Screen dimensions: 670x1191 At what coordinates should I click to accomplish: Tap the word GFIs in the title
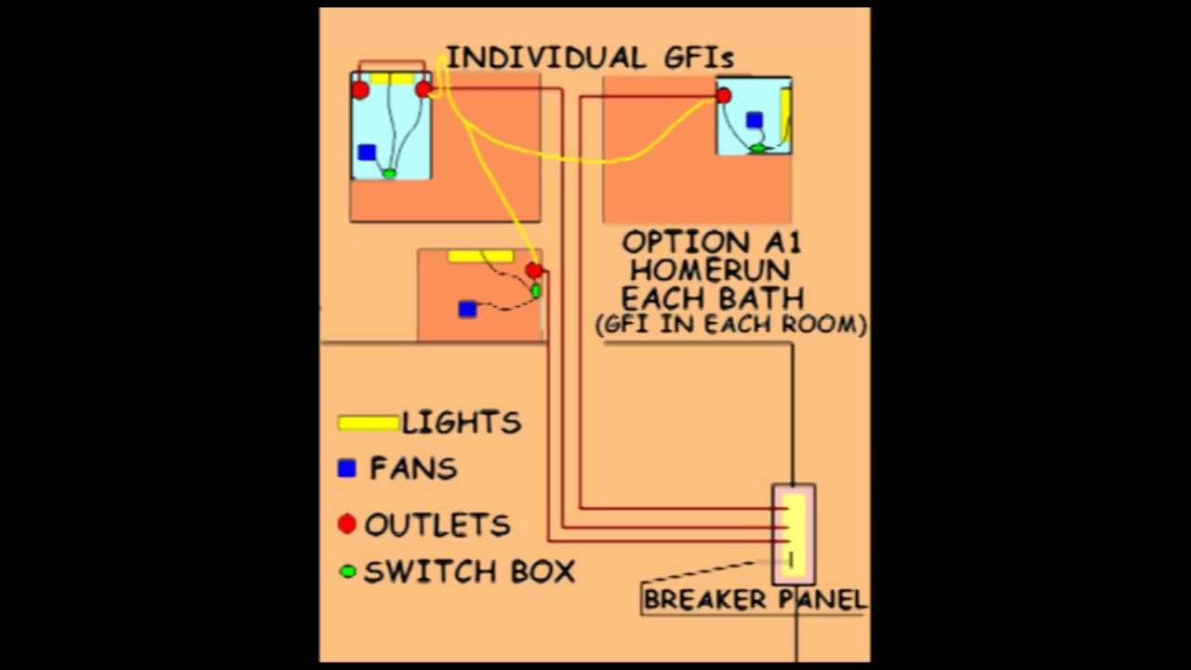699,58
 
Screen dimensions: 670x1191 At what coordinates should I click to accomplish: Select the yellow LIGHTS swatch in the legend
368,423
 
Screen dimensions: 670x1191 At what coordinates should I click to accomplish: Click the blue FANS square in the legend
347,468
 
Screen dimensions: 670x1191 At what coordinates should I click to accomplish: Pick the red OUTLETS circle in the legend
347,524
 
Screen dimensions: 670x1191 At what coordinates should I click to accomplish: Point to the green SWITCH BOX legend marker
348,571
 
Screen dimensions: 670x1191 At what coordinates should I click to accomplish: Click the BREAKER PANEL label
754,599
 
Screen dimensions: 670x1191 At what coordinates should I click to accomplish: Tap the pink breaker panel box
794,533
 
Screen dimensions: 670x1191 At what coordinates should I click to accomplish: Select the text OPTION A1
711,243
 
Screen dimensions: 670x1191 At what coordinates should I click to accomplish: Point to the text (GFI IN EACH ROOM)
731,325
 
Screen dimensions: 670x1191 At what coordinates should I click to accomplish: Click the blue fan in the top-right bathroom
754,120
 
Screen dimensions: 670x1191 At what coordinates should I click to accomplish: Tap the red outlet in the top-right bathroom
724,96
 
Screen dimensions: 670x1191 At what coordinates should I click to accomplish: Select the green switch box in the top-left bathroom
389,173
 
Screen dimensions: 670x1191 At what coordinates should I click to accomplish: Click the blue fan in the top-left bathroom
367,153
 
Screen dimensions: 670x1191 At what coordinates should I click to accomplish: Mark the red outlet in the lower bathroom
533,271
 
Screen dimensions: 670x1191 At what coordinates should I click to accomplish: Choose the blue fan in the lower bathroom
468,309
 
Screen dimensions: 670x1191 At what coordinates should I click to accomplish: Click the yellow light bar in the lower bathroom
480,256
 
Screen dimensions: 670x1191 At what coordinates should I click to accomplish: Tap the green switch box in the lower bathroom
535,291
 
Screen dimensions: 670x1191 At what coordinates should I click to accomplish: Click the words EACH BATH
712,299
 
